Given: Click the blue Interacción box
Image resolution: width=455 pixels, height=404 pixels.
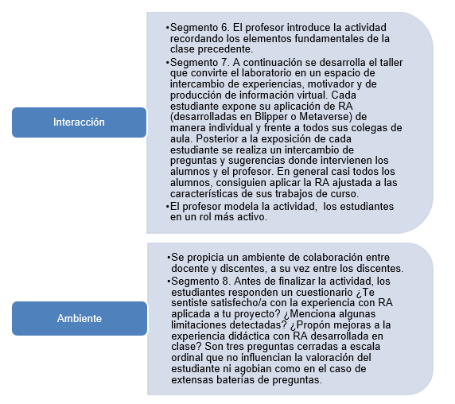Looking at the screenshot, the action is pos(79,122).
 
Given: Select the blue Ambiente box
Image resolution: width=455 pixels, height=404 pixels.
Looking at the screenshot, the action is pos(79,318).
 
